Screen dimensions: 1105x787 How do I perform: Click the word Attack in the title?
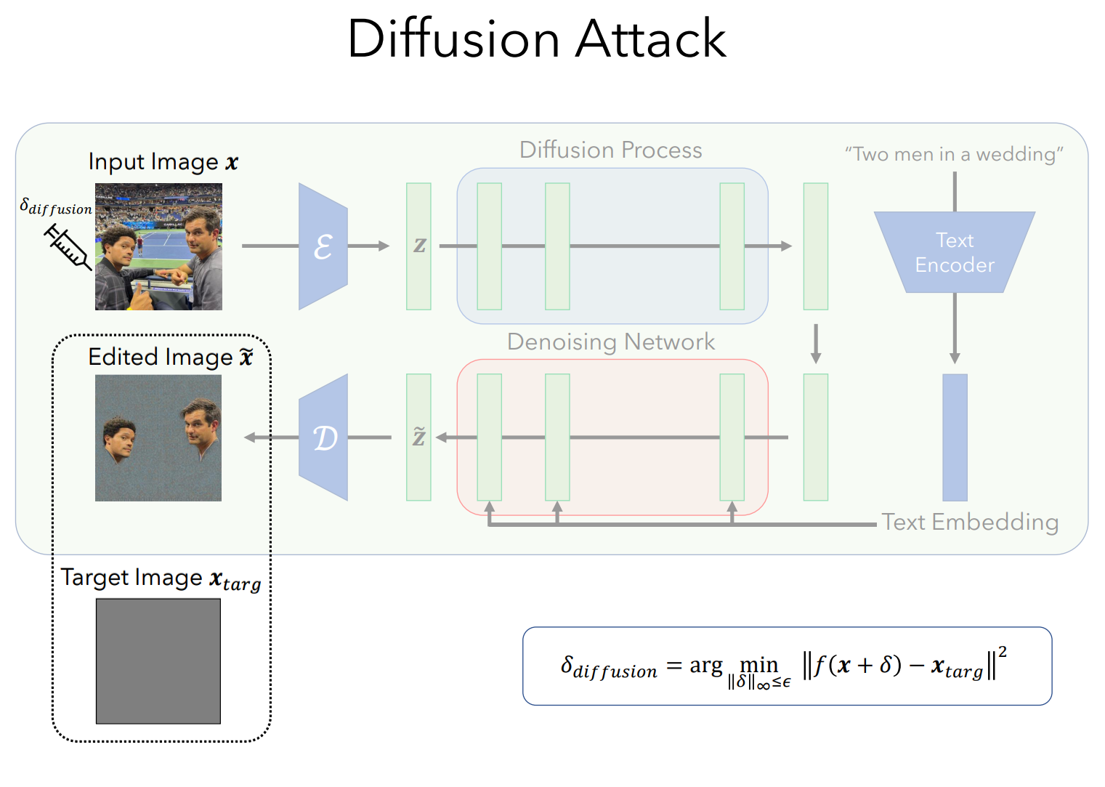coord(651,39)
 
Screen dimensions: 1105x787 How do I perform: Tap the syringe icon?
coord(68,246)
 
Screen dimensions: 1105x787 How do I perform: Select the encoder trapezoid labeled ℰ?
coord(323,246)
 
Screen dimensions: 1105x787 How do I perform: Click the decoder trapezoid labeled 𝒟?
coord(323,437)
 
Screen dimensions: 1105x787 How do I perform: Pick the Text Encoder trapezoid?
coord(955,252)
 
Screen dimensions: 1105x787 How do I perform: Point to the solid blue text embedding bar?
coord(955,437)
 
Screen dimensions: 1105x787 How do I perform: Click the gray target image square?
coord(158,661)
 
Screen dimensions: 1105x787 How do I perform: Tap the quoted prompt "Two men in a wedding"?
coord(954,155)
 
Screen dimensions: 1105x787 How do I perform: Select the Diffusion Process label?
coord(611,150)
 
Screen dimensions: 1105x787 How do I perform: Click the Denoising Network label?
coord(611,342)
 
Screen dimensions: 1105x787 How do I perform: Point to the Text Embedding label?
coord(971,522)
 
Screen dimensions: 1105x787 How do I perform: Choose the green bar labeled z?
coord(418,246)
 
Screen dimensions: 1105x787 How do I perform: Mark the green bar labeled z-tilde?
coord(418,437)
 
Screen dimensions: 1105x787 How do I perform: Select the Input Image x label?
coord(163,162)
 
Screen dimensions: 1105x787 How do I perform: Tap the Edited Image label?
coord(171,357)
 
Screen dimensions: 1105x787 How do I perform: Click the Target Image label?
coord(161,579)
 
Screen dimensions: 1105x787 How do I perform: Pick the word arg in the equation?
coord(706,666)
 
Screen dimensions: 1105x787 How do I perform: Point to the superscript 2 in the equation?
coord(1003,652)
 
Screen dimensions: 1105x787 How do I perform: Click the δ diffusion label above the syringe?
coord(56,206)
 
